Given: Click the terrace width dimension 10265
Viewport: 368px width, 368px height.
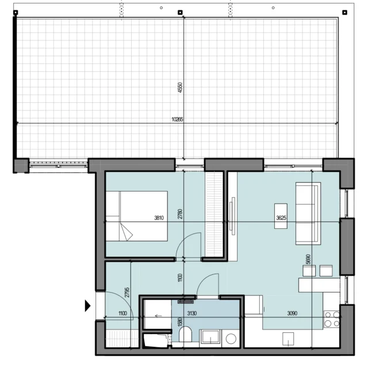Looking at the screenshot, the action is pos(177,120).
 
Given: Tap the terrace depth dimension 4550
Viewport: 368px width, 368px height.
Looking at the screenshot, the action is pos(180,87).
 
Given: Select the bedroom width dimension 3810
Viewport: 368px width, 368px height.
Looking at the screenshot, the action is pos(159,218).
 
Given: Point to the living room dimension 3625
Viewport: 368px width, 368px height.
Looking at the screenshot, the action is pos(281,218).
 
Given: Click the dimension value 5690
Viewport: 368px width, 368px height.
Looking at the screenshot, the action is pos(308,259).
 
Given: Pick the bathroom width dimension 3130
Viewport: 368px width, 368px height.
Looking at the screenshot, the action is pos(191,313).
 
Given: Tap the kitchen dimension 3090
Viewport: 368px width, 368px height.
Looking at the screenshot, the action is pos(292,313).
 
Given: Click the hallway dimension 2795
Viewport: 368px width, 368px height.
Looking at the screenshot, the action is pos(127,292).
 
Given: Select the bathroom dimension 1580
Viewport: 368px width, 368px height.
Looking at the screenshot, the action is pos(180,322).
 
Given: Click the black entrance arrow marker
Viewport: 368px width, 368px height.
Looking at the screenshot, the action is pos(87,306).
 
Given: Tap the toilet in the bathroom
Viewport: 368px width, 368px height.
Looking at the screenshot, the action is pos(185,334).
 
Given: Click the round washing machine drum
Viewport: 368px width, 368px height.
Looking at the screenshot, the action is pos(231,339).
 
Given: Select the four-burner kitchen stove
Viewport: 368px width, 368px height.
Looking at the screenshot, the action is pos(332,319).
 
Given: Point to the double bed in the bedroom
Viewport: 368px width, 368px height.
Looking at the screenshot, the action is pos(137,216).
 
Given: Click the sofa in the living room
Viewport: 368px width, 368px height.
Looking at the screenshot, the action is pos(308,213).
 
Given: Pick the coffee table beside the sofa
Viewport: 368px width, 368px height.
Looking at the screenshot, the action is pos(281,216).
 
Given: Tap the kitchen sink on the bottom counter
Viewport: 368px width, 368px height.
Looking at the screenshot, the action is pos(288,339).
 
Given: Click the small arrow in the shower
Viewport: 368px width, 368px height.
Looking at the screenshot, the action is pos(159,316).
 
